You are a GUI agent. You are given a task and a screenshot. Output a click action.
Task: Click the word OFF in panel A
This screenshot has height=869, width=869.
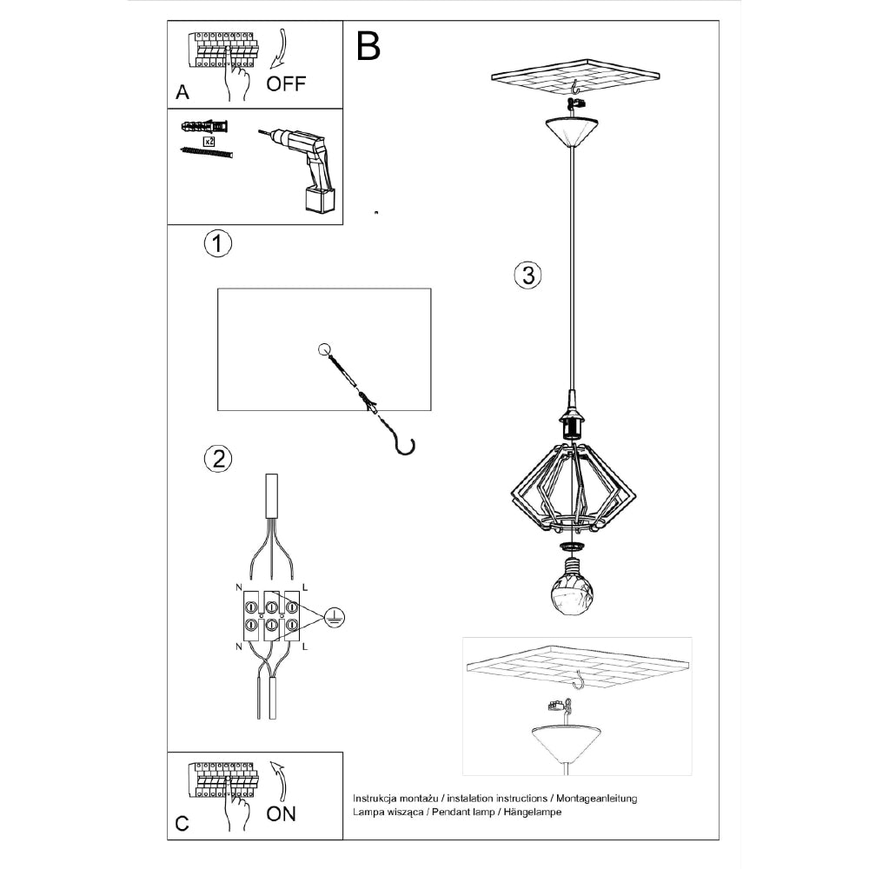tap(286, 83)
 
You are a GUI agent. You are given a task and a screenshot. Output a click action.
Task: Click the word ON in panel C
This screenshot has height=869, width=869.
tap(281, 813)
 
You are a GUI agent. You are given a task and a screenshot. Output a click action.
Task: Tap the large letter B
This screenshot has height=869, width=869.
tap(368, 47)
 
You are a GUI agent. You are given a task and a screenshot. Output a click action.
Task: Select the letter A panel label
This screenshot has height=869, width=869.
tap(182, 92)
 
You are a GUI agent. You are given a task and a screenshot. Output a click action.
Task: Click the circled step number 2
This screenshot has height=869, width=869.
tap(217, 458)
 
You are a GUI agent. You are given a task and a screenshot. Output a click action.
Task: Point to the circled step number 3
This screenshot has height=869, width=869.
tap(527, 276)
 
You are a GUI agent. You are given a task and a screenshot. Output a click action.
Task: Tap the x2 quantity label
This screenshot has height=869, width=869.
tap(209, 141)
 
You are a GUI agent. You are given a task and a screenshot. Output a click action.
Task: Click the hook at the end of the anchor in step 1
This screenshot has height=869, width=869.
tap(404, 445)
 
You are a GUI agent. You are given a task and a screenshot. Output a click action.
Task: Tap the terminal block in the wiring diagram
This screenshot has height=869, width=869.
tap(271, 615)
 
